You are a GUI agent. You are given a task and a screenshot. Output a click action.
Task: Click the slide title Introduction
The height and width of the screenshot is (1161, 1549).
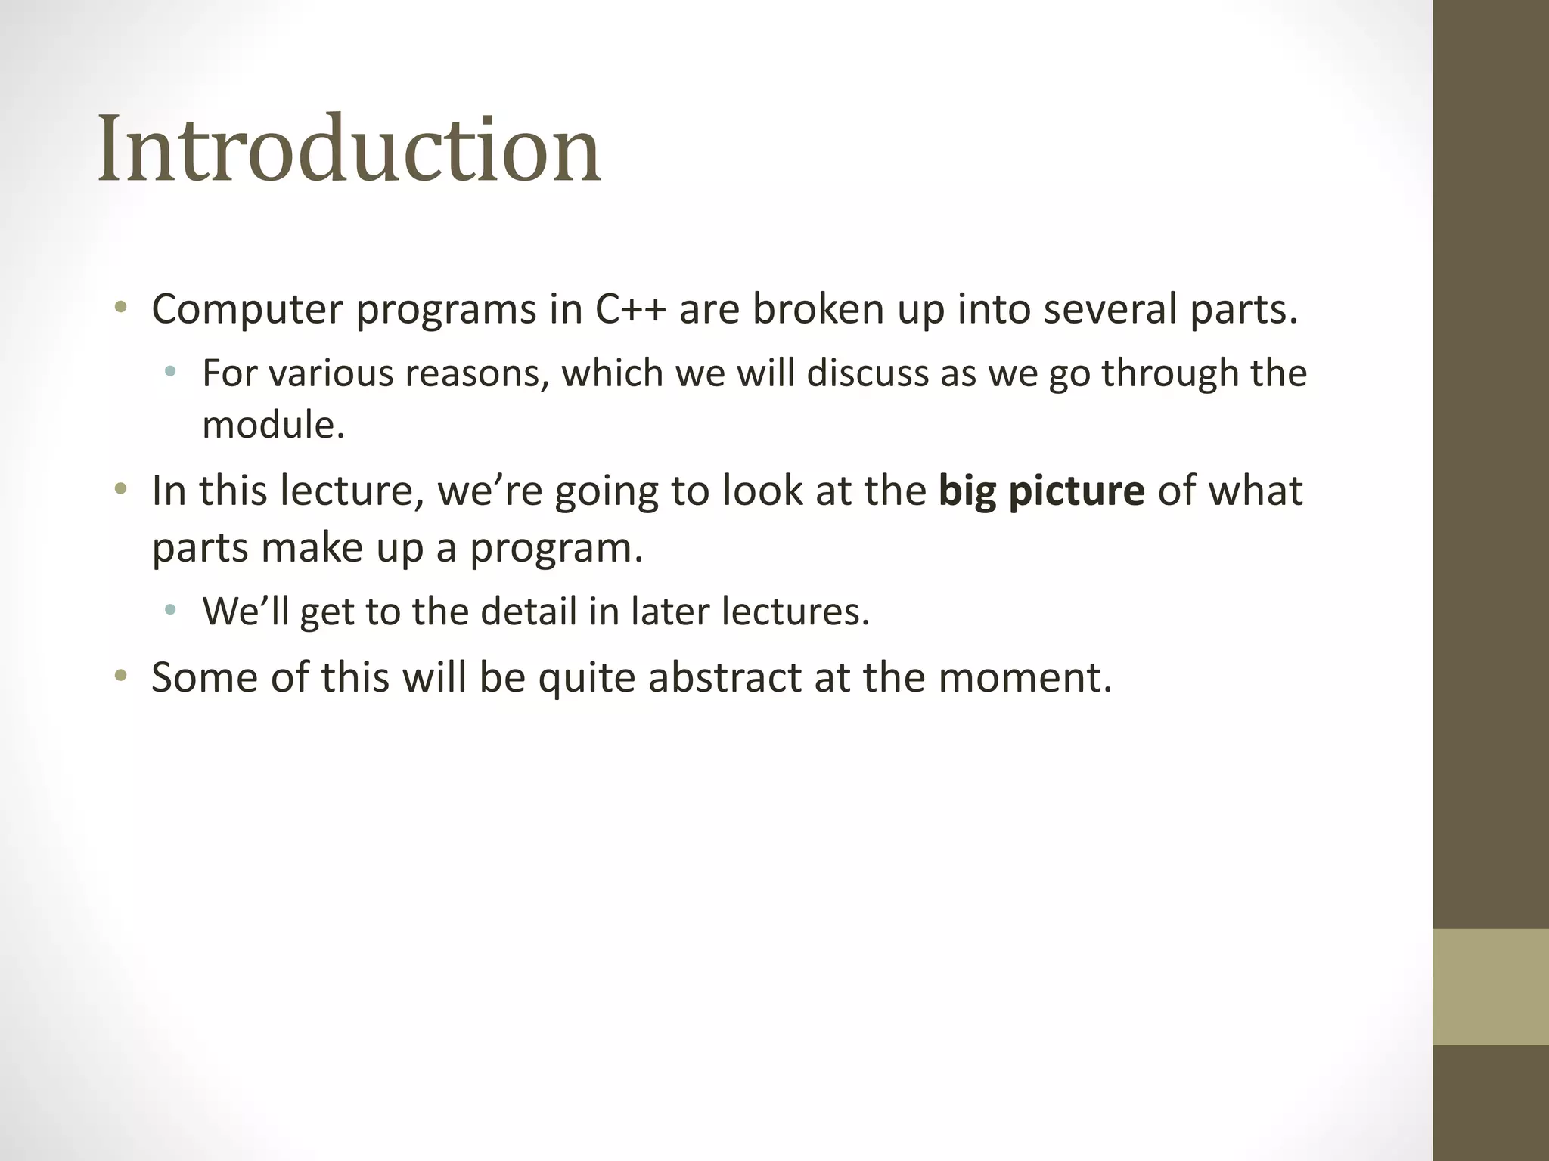coord(349,149)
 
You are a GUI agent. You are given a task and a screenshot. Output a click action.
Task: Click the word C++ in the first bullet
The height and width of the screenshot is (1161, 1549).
coord(631,310)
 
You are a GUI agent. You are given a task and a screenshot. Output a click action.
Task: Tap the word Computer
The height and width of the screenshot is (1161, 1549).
coord(247,310)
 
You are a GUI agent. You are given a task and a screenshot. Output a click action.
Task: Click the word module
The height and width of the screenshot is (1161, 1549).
coord(273,425)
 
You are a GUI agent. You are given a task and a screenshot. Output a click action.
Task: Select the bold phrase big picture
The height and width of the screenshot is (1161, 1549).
coord(1041,491)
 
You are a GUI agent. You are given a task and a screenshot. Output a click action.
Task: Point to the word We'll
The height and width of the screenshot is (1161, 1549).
coord(246,611)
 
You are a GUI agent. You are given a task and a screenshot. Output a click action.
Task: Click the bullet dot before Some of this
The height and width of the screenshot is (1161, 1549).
coord(120,675)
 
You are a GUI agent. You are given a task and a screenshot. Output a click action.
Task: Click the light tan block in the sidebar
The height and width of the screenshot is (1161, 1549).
coord(1490,986)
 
